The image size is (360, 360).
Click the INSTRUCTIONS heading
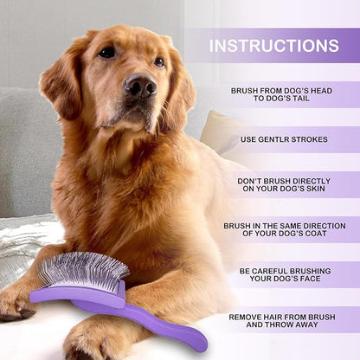point(273,45)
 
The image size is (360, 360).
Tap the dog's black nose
point(138,85)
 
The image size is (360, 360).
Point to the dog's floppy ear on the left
point(64,82)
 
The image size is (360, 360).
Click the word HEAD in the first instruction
point(316,89)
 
